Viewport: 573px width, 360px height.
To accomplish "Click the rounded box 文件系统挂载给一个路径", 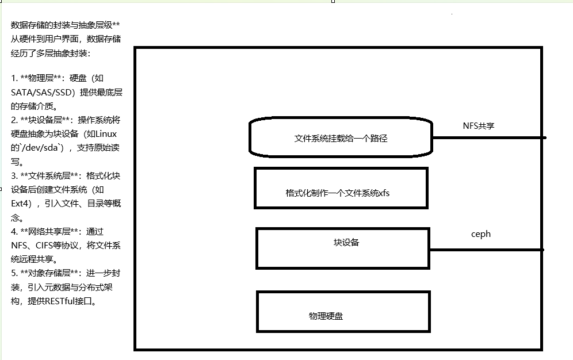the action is [341, 138].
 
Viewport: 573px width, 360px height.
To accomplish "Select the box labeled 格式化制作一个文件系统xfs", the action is [341, 188].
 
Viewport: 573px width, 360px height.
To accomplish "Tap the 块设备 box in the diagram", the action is [343, 248].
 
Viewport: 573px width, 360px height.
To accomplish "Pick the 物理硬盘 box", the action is [343, 312].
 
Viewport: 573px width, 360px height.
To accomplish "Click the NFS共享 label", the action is [479, 125].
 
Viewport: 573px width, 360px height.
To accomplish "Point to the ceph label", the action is [481, 234].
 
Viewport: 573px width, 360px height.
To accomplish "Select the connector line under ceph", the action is [486, 250].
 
